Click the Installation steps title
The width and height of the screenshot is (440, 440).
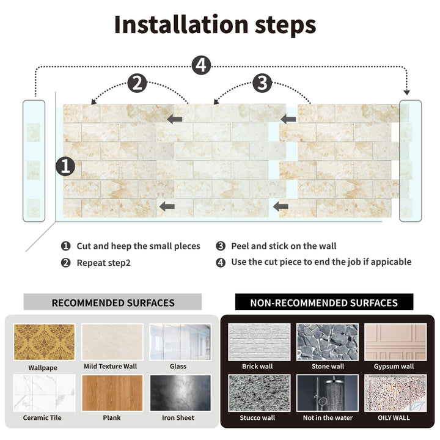pos(215,24)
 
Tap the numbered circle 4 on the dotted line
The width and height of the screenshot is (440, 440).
pos(201,65)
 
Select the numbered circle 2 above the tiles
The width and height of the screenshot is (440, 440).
pos(137,83)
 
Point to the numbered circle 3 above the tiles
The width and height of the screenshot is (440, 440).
pos(262,83)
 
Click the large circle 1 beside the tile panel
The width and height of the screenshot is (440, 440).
pos(65,166)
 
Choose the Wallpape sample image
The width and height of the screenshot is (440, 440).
pos(44,342)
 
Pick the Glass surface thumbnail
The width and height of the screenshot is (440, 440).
pos(180,342)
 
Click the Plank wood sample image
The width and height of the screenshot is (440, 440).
pos(112,393)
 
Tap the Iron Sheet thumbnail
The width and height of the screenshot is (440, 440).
pos(180,393)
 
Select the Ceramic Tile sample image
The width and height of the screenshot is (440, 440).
pos(44,393)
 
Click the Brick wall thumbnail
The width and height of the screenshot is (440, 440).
pos(258,342)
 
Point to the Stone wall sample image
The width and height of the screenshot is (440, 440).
pos(328,342)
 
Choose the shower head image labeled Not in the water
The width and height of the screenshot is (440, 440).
pos(328,393)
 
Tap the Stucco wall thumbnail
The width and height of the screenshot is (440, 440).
pos(258,393)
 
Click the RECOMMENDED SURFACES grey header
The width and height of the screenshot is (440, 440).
pos(112,302)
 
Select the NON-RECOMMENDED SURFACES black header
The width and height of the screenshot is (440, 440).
pos(324,302)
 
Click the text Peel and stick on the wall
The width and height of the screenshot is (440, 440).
pos(284,246)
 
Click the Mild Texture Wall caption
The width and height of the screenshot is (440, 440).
pos(111,367)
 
